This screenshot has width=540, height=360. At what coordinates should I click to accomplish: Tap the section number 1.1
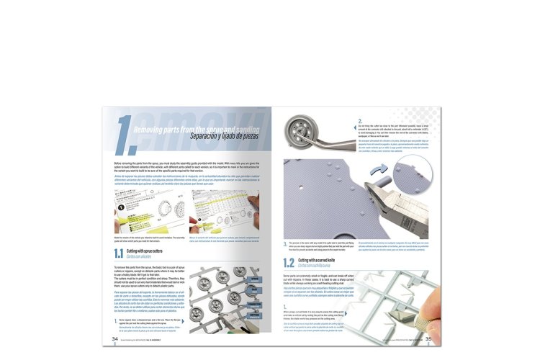pos(120,253)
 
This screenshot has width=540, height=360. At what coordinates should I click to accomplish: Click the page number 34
pos(115,339)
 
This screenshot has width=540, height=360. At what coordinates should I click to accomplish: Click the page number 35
pos(428,339)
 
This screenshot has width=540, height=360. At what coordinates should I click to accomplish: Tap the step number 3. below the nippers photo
pos(285,244)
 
